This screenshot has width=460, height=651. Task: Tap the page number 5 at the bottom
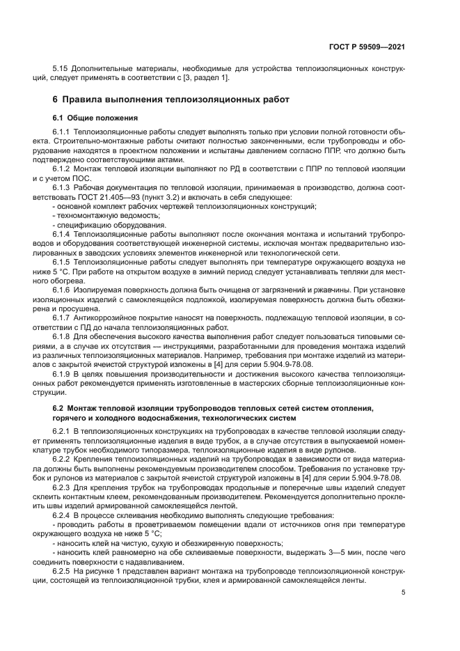404,593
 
